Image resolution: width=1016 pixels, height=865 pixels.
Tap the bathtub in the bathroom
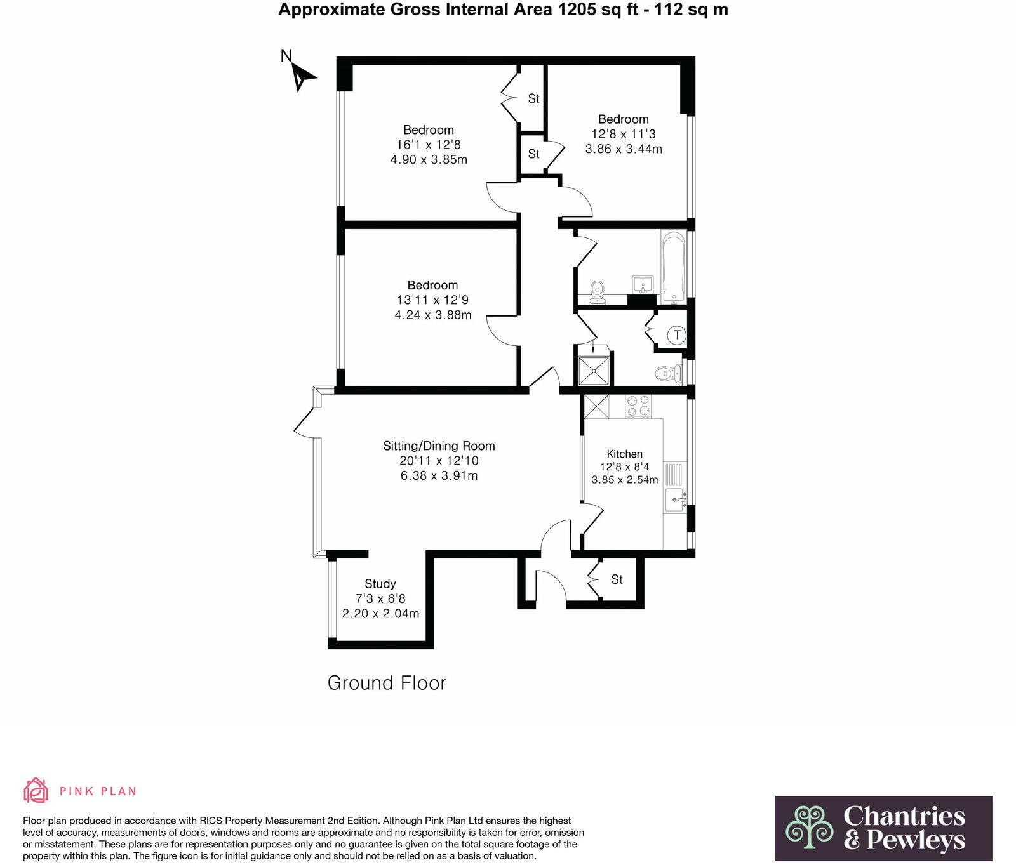(673, 268)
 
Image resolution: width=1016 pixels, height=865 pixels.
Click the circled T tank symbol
(678, 334)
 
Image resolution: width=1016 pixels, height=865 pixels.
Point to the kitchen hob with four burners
(638, 406)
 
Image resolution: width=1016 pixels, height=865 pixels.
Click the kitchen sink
(676, 499)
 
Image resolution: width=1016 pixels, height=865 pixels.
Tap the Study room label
(380, 584)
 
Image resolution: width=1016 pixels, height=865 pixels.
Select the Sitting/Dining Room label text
(439, 446)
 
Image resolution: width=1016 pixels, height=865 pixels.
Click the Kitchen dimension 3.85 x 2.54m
(625, 480)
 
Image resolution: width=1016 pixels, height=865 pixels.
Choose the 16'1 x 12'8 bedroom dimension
(429, 145)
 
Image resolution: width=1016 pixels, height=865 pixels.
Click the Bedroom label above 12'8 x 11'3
(623, 119)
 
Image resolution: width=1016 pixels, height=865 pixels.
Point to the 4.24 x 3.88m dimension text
(433, 315)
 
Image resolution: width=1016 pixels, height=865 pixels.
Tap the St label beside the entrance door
(617, 579)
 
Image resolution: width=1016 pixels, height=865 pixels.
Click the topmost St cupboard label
(533, 98)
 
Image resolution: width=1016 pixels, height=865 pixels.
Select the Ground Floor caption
(387, 683)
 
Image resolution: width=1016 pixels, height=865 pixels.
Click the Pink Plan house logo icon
(36, 790)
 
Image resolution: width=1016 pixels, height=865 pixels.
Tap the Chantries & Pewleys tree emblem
(809, 827)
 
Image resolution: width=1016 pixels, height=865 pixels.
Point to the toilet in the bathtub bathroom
(597, 291)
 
